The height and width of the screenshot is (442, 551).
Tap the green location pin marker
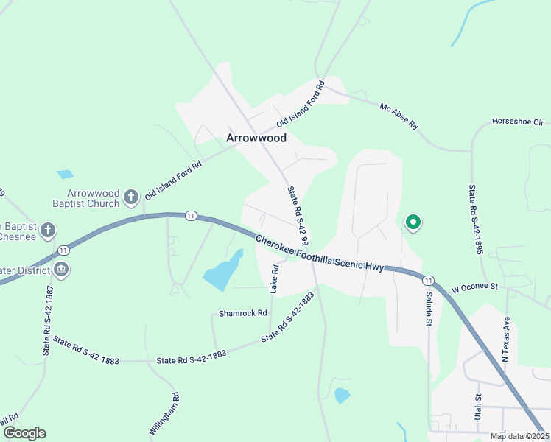(x=413, y=222)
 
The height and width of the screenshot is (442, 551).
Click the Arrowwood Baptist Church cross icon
(x=130, y=197)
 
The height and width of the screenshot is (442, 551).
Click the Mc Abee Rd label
(x=399, y=116)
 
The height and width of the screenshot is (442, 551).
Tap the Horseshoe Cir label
(x=516, y=122)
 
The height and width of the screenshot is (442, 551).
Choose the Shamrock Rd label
(x=242, y=313)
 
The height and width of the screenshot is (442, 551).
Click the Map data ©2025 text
(x=519, y=436)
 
